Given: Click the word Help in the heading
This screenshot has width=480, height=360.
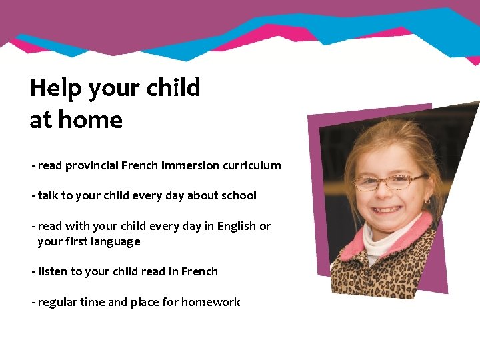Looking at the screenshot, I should coord(57,88).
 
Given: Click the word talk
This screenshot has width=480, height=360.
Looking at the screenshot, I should coord(48,195).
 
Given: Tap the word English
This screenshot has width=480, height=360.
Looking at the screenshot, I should coord(236,226).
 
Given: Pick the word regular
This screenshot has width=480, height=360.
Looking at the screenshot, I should coord(57,302).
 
